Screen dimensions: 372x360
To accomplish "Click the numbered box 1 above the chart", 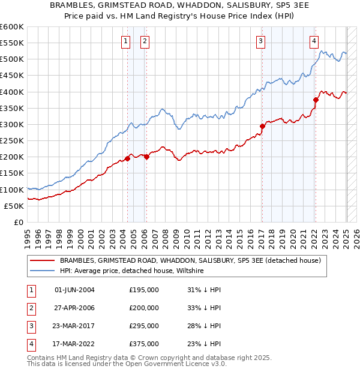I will click(125, 41).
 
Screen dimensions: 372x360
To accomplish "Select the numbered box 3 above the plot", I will click(261, 41).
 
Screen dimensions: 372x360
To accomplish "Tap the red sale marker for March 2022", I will click(316, 100).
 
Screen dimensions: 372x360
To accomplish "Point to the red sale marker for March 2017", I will click(262, 126).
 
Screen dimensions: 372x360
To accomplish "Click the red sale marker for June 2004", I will click(127, 158).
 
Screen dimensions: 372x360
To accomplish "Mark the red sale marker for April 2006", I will click(146, 157).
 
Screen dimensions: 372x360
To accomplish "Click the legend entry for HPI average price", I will click(132, 271).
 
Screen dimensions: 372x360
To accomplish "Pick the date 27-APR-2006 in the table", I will click(74, 308).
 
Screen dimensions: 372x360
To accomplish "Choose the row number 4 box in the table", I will click(29, 344).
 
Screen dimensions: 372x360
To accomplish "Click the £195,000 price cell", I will click(144, 290).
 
